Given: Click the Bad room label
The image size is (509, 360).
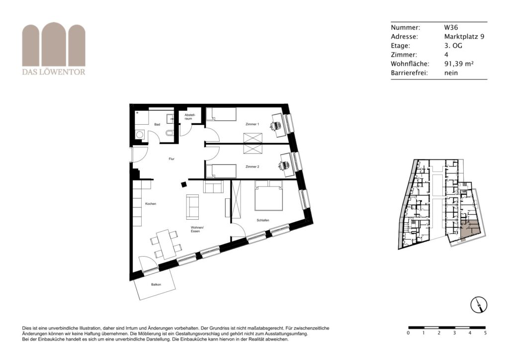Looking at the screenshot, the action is [x=157, y=124].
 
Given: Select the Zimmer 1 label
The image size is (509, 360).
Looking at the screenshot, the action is [x=252, y=124].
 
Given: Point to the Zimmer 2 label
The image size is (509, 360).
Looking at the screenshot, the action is [x=252, y=167].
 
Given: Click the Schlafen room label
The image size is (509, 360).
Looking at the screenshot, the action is [x=262, y=220].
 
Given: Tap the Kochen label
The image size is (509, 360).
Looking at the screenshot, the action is [x=151, y=204].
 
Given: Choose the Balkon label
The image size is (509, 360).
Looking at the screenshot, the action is [x=156, y=285].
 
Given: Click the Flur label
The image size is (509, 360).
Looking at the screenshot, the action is [x=171, y=159].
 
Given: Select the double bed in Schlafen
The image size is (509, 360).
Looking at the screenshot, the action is [x=269, y=196].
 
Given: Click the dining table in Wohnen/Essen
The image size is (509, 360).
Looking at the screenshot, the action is [x=166, y=244].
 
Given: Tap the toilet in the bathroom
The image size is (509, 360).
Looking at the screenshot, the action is [x=169, y=133].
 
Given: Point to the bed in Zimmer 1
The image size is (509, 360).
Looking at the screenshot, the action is [x=221, y=114].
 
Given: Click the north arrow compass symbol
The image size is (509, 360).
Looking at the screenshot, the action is [x=479, y=305].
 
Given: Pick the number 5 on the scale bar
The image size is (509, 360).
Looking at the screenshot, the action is [x=485, y=333].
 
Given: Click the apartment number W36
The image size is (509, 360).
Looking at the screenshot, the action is [x=451, y=27].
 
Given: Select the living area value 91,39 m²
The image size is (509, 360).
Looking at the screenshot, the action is [x=459, y=64].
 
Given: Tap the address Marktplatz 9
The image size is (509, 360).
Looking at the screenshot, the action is [x=464, y=36].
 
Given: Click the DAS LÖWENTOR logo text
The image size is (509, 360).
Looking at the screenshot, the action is [x=54, y=72].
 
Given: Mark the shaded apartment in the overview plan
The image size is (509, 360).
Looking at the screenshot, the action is [x=470, y=229].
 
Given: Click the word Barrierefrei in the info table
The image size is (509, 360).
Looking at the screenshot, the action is [x=410, y=73].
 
